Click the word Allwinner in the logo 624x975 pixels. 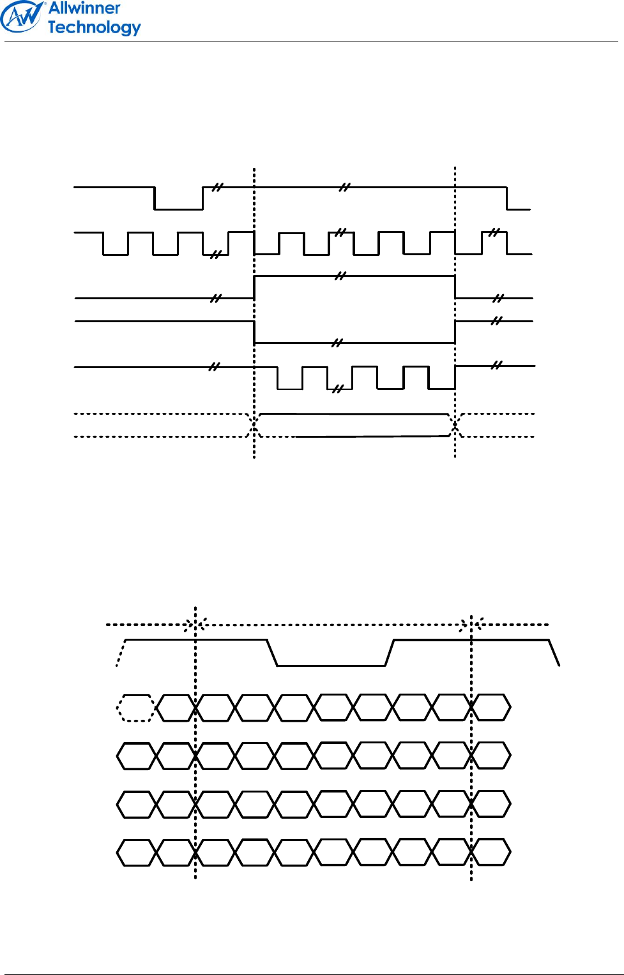[84, 9]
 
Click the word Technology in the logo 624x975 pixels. [94, 27]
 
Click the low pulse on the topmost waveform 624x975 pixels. [178, 208]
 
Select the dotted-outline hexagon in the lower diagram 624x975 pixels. [135, 708]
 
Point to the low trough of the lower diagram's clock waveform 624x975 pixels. [331, 665]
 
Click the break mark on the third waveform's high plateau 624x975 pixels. [340, 276]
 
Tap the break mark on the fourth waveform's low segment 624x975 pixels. [337, 343]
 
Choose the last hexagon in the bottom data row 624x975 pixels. [491, 852]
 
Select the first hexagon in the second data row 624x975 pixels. [136, 755]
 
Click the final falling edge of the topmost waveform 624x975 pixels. [507, 198]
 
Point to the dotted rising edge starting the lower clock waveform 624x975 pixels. [121, 653]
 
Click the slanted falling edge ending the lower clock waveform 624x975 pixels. [554, 652]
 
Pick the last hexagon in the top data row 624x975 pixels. [491, 708]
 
